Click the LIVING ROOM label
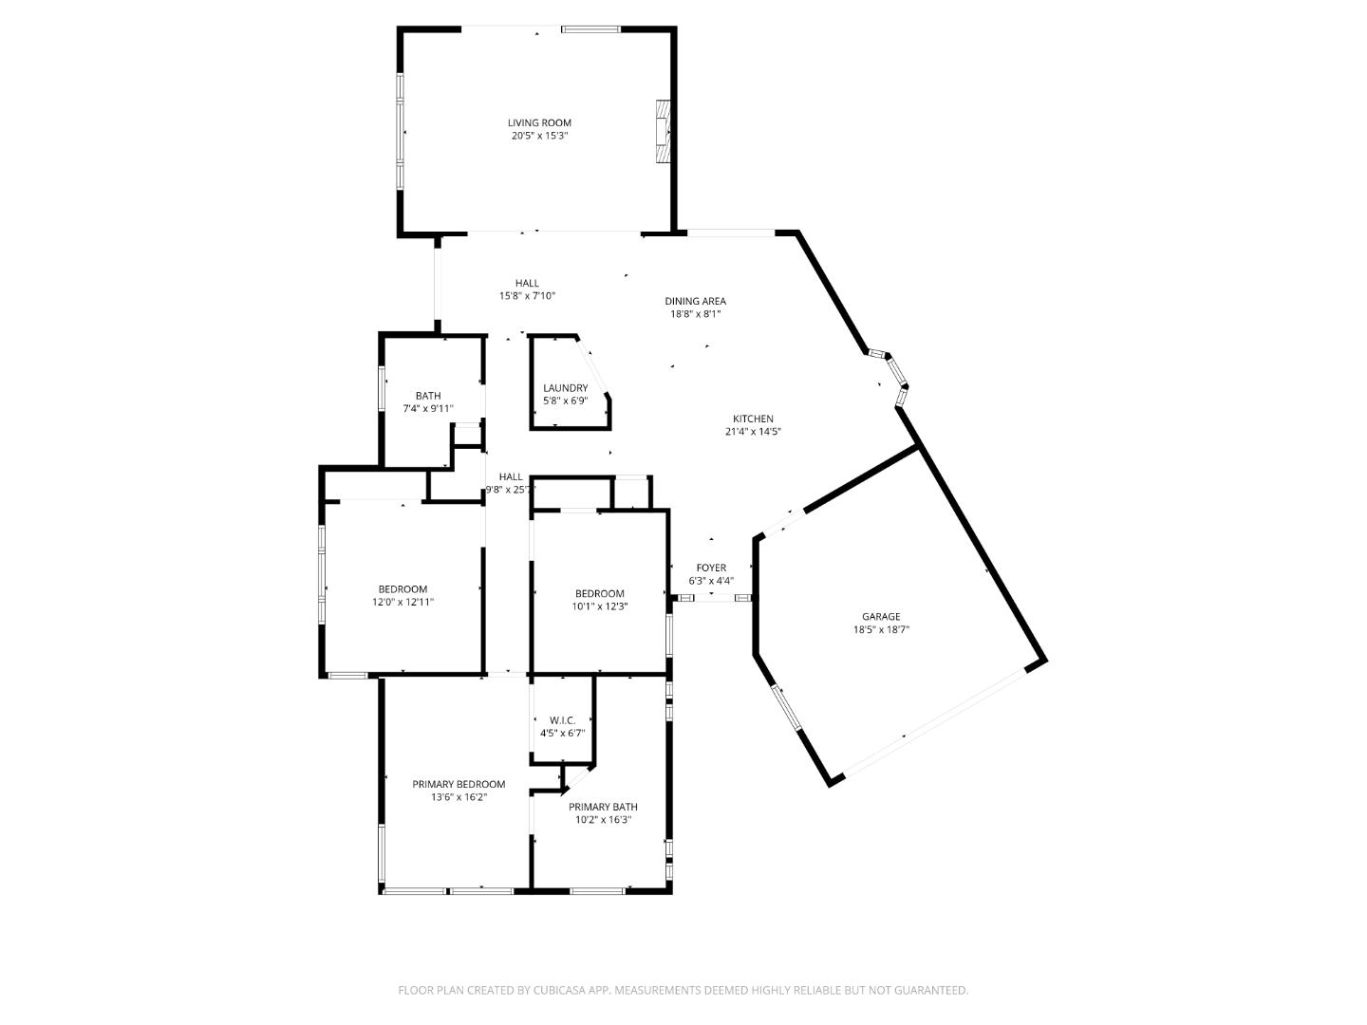(x=539, y=122)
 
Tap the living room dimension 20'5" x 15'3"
(x=539, y=136)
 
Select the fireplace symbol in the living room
(x=662, y=132)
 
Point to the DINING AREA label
(x=695, y=301)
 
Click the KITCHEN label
(x=753, y=419)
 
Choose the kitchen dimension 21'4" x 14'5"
(x=753, y=432)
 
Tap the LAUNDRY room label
(x=565, y=388)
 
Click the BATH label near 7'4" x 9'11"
(x=428, y=396)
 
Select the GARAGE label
(x=881, y=616)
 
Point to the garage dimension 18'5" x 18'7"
(x=881, y=629)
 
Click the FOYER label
(x=711, y=568)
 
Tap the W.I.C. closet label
(x=562, y=720)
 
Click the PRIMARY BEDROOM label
(x=459, y=784)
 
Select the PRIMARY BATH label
(x=603, y=807)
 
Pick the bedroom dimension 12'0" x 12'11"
(x=403, y=602)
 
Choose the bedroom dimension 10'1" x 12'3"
(x=599, y=606)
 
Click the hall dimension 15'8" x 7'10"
(x=527, y=296)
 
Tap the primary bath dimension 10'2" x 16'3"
(x=603, y=820)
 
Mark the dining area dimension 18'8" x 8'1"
(x=695, y=314)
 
